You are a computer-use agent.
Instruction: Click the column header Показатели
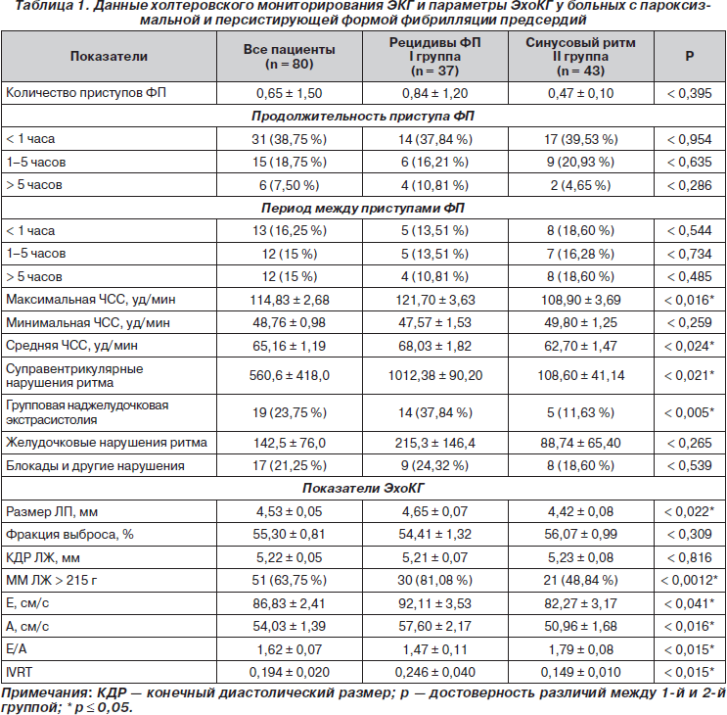tap(109, 56)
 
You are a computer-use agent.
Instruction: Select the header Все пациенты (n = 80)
tap(290, 57)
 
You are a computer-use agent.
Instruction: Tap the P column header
tap(690, 56)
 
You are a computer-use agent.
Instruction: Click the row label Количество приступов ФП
tap(86, 93)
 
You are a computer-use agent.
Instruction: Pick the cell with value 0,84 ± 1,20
tap(434, 93)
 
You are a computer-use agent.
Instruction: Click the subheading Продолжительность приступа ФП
tap(363, 116)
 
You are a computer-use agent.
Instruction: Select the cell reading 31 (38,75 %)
tap(290, 139)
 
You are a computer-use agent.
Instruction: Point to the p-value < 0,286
tap(690, 185)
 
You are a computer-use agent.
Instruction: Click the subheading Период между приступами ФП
tap(363, 208)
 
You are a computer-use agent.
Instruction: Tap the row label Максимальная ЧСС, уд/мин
tap(91, 300)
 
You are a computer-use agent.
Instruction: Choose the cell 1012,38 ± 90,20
tap(434, 375)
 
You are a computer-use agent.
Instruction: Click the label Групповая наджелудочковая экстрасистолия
tap(87, 412)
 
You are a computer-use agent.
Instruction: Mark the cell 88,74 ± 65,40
tap(580, 443)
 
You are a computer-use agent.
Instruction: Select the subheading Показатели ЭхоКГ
tap(363, 488)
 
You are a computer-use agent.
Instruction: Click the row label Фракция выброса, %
tap(69, 535)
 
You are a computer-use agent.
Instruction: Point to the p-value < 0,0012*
tap(690, 580)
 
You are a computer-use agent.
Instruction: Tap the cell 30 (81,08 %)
tap(434, 580)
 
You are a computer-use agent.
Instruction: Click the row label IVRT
tap(19, 672)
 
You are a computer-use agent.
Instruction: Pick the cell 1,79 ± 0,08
tap(580, 649)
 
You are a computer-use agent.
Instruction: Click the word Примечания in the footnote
tap(44, 693)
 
